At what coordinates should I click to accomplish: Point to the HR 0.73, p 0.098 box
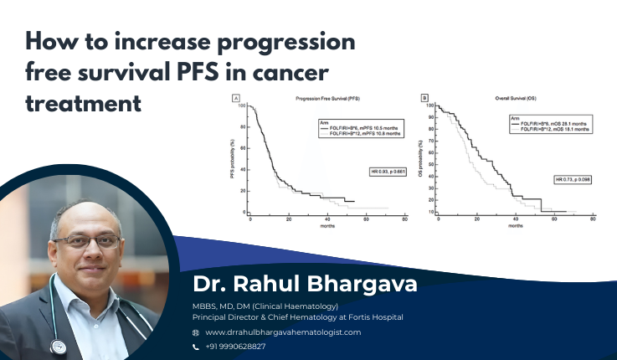[x=573, y=179]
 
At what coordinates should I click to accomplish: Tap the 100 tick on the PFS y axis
[x=241, y=105]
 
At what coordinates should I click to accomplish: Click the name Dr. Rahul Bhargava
[x=305, y=285]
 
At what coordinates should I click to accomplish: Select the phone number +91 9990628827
[x=235, y=346]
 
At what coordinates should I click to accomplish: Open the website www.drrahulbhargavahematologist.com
[x=283, y=332]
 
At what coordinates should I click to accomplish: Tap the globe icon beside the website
[x=196, y=332]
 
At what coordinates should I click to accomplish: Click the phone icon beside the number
[x=196, y=346]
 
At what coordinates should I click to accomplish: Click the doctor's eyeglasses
[x=86, y=241]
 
